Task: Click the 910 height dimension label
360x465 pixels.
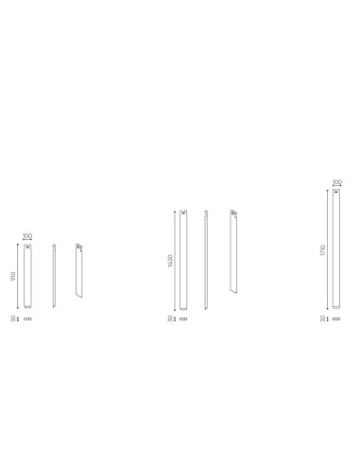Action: tap(13, 276)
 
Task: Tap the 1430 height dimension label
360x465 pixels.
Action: tap(171, 260)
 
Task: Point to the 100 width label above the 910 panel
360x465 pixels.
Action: tap(27, 236)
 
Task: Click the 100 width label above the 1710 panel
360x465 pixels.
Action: tap(336, 182)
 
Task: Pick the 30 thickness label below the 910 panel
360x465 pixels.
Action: tap(13, 319)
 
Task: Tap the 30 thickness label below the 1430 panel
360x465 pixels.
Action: tap(171, 319)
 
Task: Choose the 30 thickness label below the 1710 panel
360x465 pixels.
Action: tap(323, 319)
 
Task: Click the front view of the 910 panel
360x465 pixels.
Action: tap(27, 276)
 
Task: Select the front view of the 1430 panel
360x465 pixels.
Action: tap(183, 260)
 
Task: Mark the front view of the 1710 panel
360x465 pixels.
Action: tap(336, 249)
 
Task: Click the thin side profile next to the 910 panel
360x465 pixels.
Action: tap(54, 276)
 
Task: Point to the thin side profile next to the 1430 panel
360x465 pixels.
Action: tap(206, 260)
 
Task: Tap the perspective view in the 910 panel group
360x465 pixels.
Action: tap(79, 272)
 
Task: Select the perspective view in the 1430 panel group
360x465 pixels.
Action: tap(233, 252)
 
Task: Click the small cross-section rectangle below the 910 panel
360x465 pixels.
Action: tap(27, 319)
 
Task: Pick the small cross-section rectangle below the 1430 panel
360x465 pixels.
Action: tap(183, 319)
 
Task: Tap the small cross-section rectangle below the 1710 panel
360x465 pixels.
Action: tap(336, 319)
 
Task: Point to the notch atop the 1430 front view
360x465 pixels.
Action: tap(183, 213)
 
